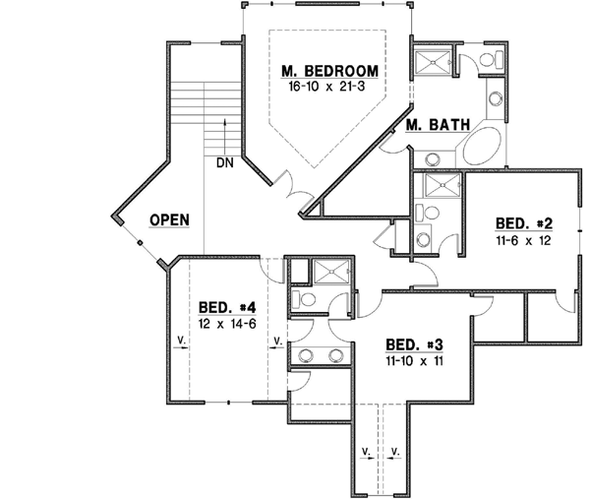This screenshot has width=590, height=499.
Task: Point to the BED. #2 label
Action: [x=523, y=222]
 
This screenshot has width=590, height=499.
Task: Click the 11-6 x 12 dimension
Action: [x=523, y=238]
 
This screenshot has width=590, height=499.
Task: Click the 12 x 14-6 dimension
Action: [x=227, y=324]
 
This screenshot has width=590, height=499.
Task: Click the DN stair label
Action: [x=223, y=163]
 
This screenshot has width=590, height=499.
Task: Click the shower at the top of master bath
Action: [x=431, y=62]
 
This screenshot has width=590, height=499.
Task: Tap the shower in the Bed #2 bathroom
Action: [x=439, y=186]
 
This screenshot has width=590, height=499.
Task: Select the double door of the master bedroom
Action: [x=292, y=190]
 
